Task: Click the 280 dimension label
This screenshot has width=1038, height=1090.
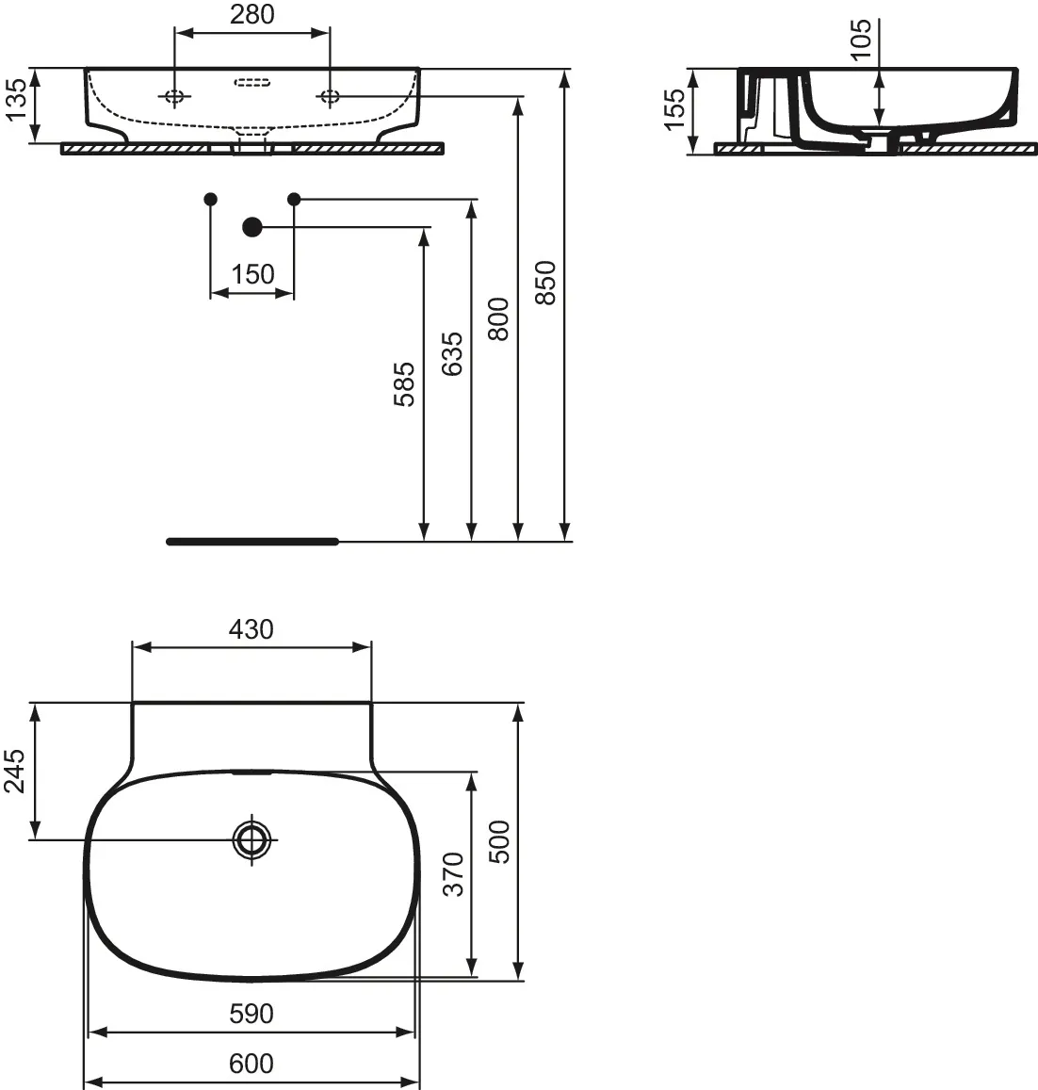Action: tap(251, 14)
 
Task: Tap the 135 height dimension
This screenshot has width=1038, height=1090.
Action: tap(15, 100)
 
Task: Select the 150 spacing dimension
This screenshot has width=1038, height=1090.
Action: tap(252, 274)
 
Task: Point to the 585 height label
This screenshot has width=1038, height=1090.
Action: tap(403, 383)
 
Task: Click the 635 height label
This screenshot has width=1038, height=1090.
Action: tap(452, 354)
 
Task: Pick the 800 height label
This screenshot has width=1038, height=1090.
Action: tap(498, 319)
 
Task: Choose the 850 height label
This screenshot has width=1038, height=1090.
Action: tap(545, 283)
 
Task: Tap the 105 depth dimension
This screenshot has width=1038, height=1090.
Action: tap(860, 40)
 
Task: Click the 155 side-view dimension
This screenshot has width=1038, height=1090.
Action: tap(674, 109)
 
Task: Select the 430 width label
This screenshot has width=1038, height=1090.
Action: tap(251, 629)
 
